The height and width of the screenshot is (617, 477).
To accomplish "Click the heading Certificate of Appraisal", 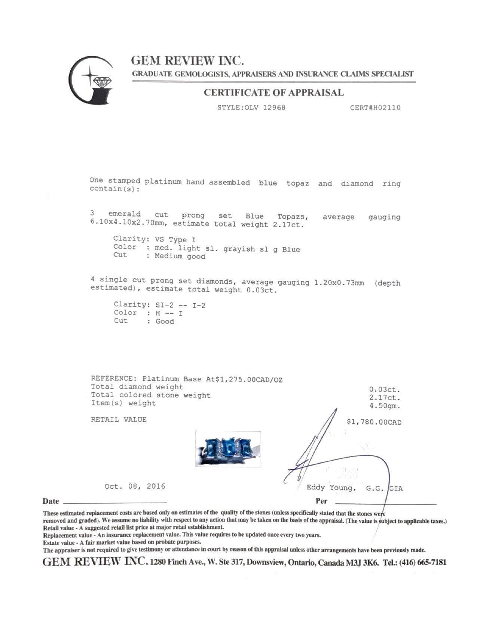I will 273,93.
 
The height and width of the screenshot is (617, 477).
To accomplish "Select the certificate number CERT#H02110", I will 375,108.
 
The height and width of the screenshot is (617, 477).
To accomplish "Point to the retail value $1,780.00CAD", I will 374,422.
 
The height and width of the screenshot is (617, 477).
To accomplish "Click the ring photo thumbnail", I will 228,449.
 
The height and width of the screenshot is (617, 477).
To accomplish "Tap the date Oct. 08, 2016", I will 135,486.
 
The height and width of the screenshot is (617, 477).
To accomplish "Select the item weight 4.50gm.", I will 385,406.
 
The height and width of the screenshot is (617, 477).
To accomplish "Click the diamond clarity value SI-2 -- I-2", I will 180,305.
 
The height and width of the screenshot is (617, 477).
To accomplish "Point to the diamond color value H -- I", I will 169,313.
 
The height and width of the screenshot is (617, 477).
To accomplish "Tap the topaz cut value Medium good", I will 180,257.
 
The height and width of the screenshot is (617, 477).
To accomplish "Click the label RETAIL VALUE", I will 119,420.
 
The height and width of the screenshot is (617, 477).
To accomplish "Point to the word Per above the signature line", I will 321,501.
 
